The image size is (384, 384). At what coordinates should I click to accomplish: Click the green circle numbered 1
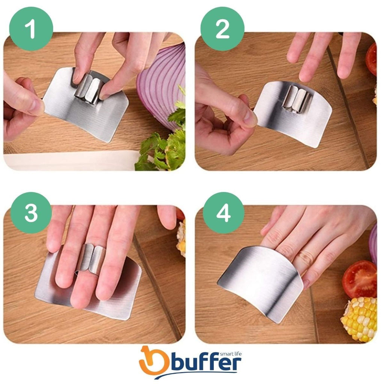pos(31,29)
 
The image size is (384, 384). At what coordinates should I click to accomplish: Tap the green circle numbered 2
pos(222,29)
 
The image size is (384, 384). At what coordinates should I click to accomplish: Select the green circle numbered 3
pos(31,213)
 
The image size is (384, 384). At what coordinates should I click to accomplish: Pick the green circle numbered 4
pos(223,213)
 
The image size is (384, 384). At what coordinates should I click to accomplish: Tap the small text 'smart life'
pos(231,354)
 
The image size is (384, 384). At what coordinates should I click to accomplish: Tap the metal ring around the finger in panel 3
pos(91,259)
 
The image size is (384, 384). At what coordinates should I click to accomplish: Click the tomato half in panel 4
pos(359,279)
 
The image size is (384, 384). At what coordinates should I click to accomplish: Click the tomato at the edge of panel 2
pos(371,59)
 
